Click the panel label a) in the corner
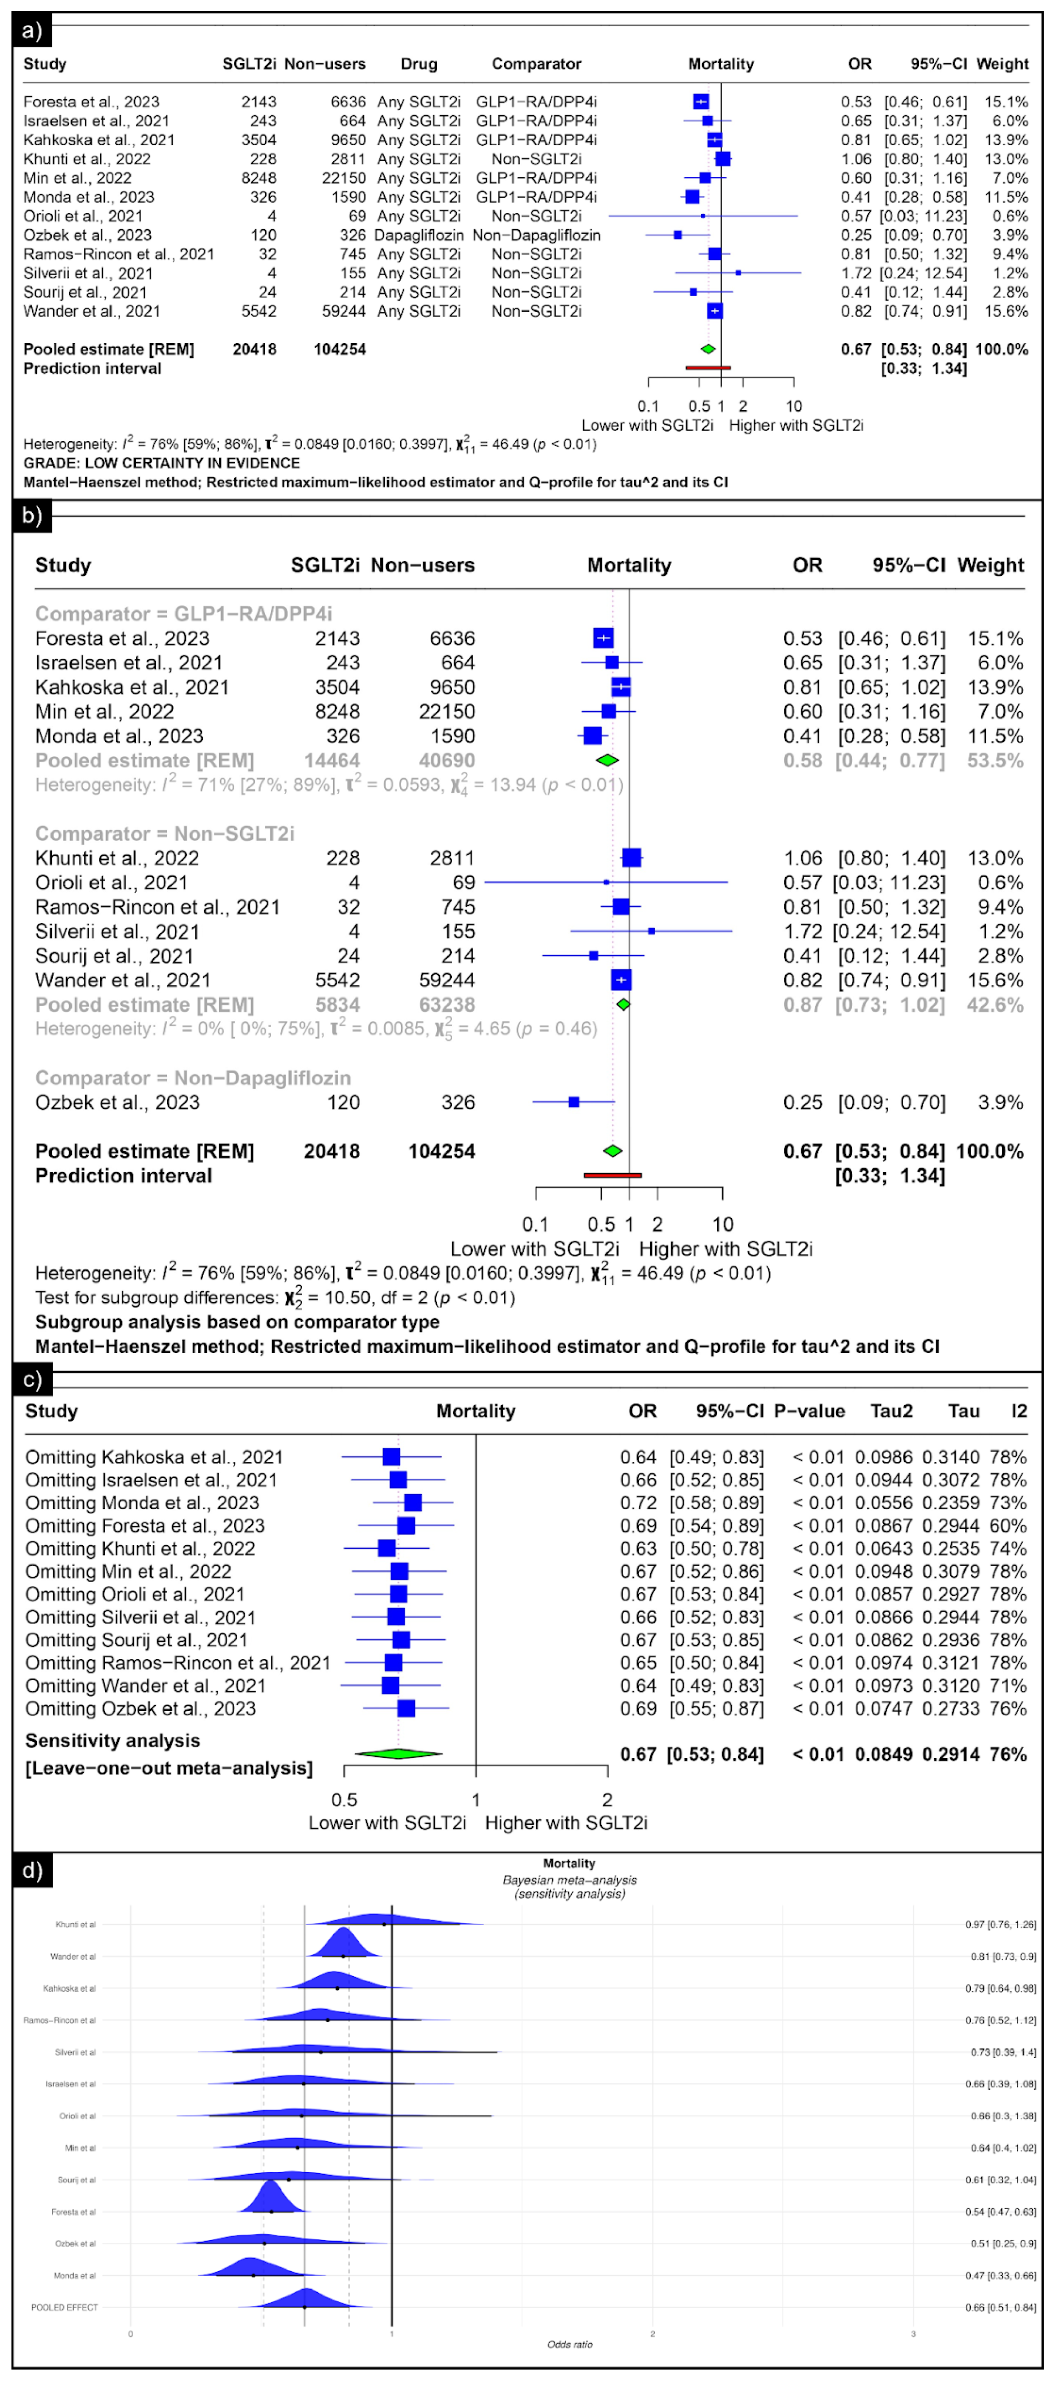tap(31, 31)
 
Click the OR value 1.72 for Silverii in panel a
tap(855, 274)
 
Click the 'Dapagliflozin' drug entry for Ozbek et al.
tap(419, 236)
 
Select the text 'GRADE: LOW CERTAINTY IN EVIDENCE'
tap(162, 463)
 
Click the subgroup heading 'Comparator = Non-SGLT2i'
tap(165, 834)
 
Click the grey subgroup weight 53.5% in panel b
tap(995, 761)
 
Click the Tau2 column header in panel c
tap(891, 1411)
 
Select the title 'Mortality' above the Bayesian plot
tap(569, 1863)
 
